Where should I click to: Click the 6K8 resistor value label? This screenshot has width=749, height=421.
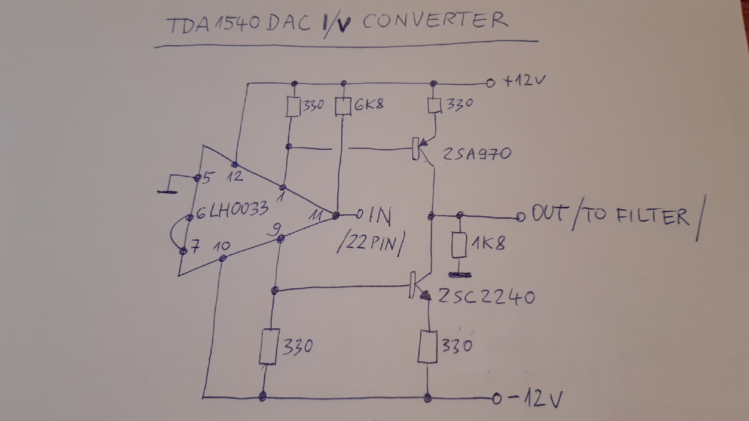[x=369, y=104]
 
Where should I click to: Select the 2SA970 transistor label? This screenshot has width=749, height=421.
[x=476, y=154]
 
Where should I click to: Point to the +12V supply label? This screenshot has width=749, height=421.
[x=524, y=80]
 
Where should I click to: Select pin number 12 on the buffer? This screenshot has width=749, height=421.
[x=235, y=176]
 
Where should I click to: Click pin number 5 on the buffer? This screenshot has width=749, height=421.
[x=207, y=178]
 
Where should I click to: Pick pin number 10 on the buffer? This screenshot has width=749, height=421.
[x=221, y=246]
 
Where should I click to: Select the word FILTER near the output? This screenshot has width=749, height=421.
[x=652, y=217]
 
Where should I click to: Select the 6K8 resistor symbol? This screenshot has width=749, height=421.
[x=342, y=106]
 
